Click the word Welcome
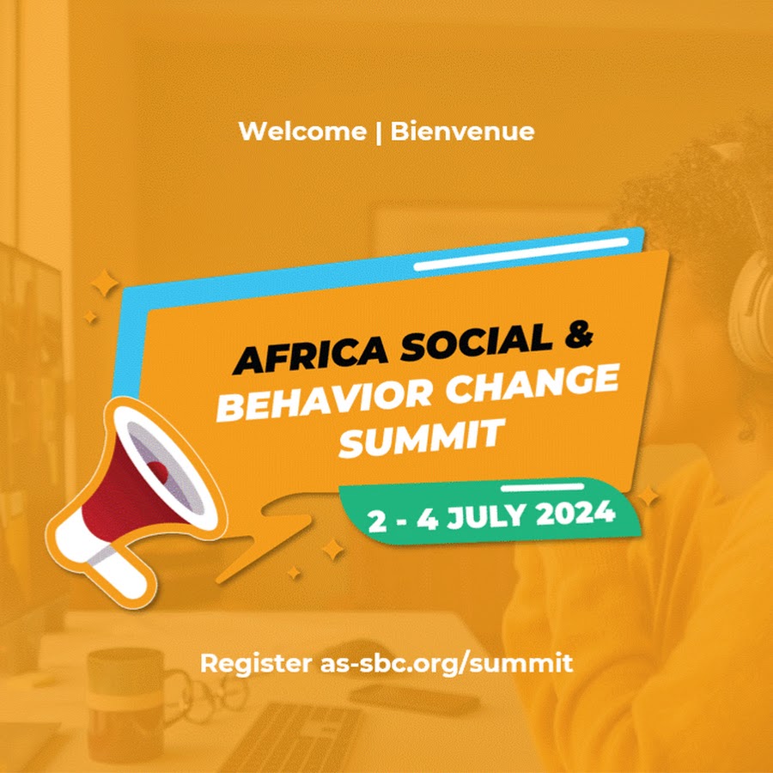coord(302,131)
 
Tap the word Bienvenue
coord(462,131)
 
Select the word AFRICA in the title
coord(311,354)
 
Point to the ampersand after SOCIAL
coord(577,334)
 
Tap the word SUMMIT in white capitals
coord(422,438)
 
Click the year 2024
coord(575,514)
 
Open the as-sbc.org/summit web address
coord(447,664)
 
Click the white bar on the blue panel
coord(521,254)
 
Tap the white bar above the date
coord(542,488)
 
